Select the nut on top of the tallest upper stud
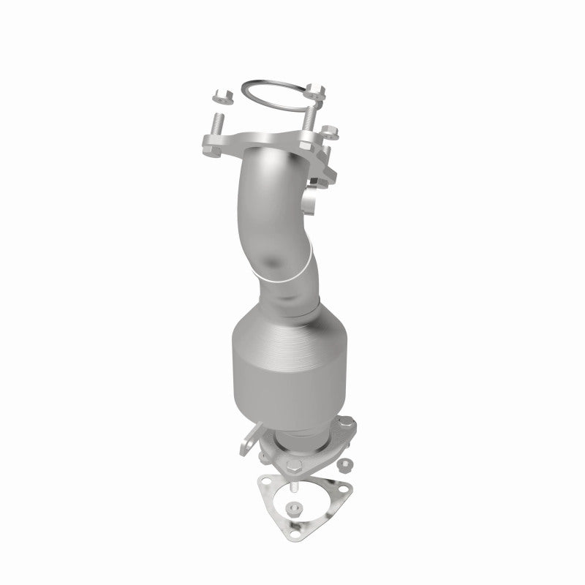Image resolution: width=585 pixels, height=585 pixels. (x=316, y=91)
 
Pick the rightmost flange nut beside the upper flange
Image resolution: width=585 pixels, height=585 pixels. (x=330, y=132)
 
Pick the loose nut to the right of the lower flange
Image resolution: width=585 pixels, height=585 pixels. (x=344, y=464)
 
